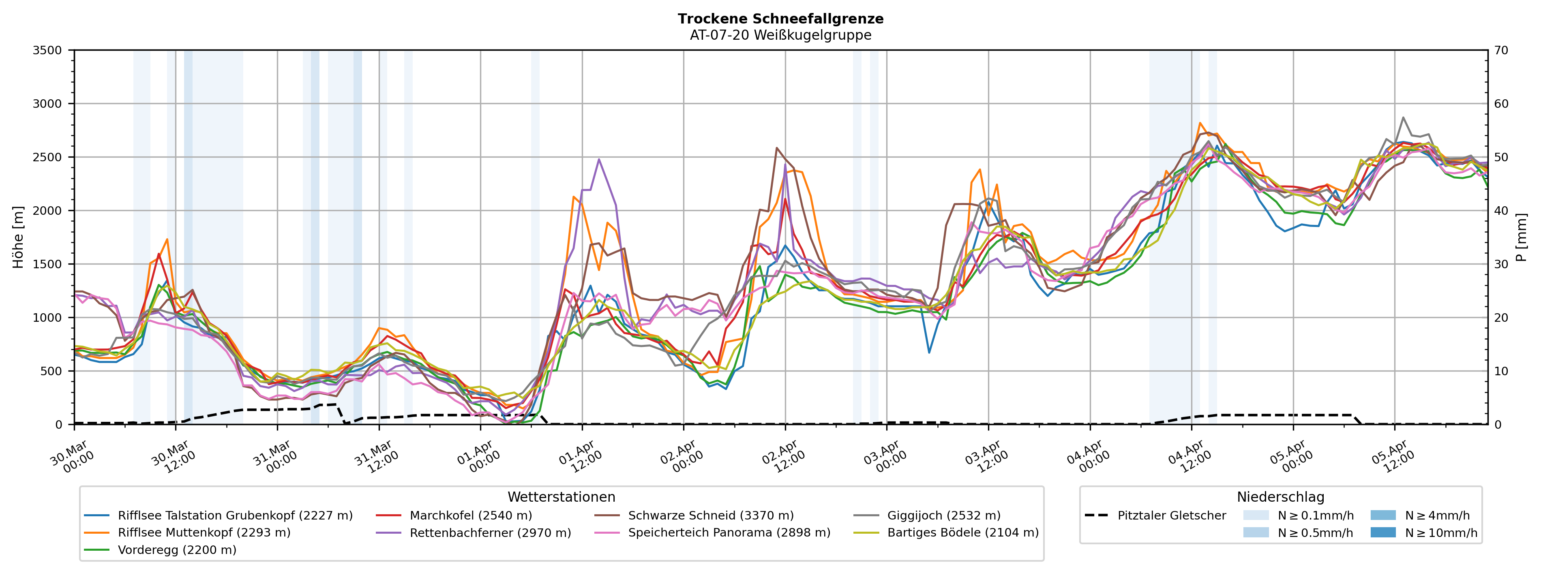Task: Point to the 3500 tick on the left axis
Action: pyautogui.click(x=47, y=50)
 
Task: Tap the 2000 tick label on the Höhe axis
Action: pyautogui.click(x=47, y=211)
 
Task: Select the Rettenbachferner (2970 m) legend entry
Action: pyautogui.click(x=490, y=532)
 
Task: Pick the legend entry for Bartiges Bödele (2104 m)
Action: pyautogui.click(x=962, y=532)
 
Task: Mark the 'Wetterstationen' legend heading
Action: pyautogui.click(x=561, y=497)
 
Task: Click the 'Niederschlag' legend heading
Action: pyautogui.click(x=1280, y=497)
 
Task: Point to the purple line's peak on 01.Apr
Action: pyautogui.click(x=599, y=159)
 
